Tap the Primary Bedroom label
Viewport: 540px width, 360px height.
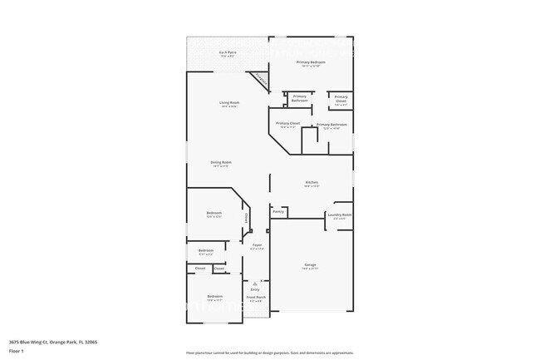pyautogui.click(x=312, y=62)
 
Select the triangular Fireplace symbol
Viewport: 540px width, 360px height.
pyautogui.click(x=263, y=80)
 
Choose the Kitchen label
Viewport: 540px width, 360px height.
pyautogui.click(x=312, y=182)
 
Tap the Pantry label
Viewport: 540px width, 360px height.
pyautogui.click(x=278, y=211)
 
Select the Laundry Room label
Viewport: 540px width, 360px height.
pyautogui.click(x=340, y=215)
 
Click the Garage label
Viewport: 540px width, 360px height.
pyautogui.click(x=310, y=265)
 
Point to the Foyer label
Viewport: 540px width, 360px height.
pyautogui.click(x=258, y=244)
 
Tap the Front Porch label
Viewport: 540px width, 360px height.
pyautogui.click(x=256, y=297)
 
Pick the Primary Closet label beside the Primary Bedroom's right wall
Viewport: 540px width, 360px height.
pyautogui.click(x=341, y=98)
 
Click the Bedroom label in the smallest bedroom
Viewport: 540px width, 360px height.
pyautogui.click(x=206, y=250)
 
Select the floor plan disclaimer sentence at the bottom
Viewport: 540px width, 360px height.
pyautogui.click(x=269, y=353)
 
